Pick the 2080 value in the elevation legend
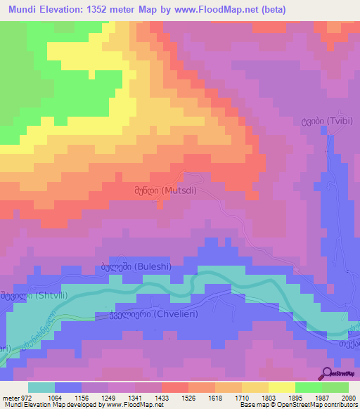(x=349, y=398)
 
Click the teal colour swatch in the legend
(x=41, y=387)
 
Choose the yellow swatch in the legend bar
(x=281, y=387)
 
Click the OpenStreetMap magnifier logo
(x=327, y=373)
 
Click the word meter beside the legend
(x=9, y=398)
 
